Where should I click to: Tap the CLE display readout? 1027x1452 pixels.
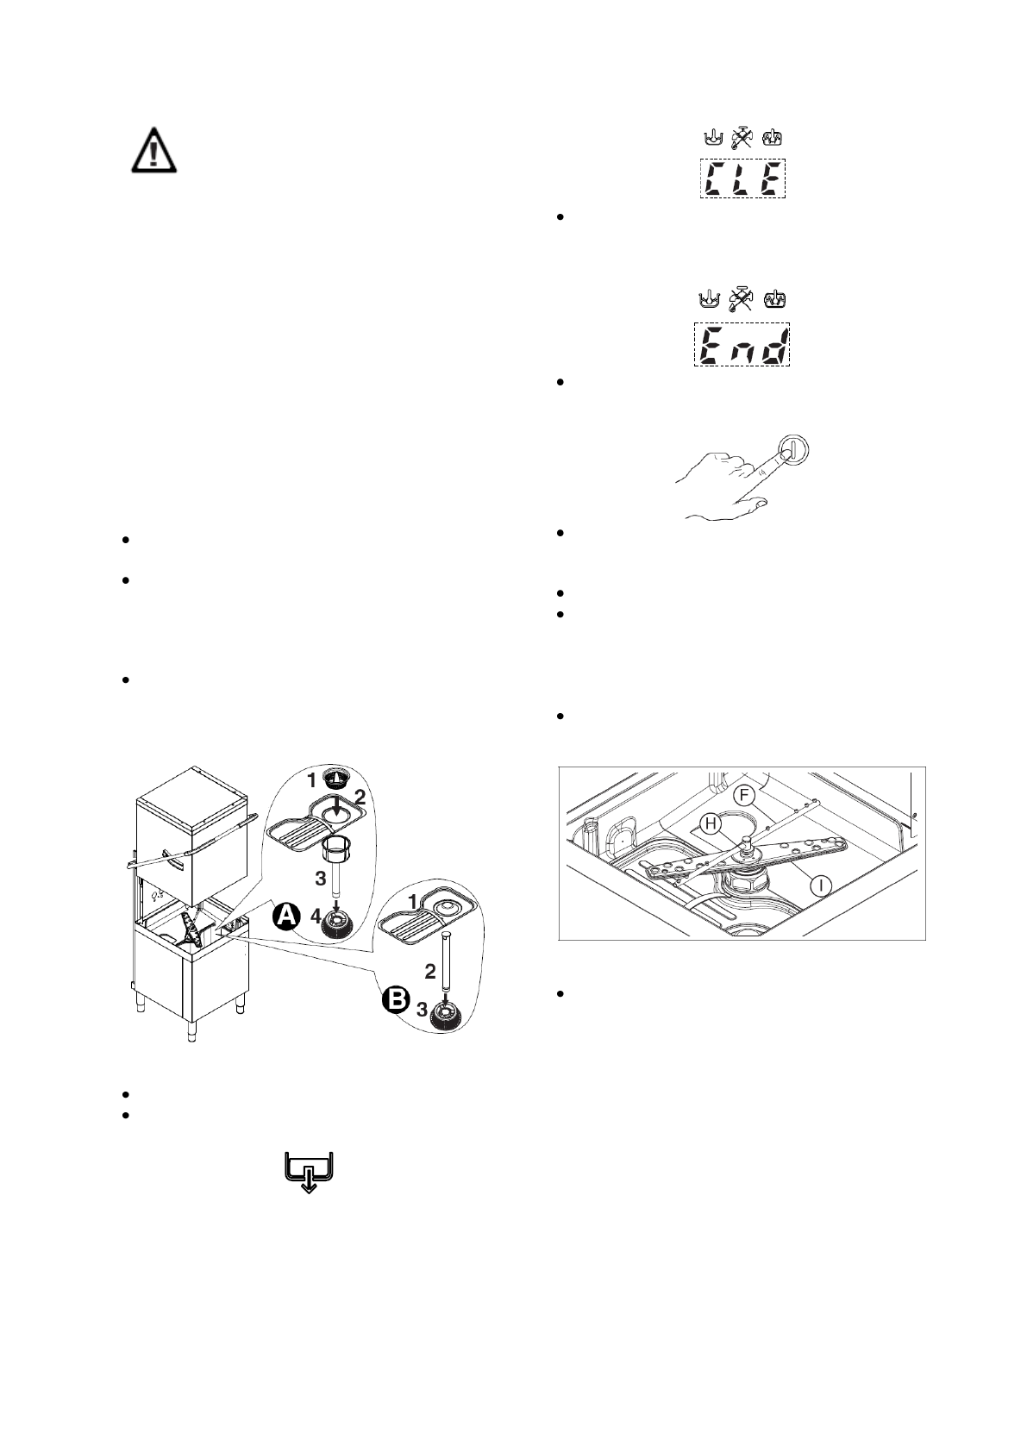742,179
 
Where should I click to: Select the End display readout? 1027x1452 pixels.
742,345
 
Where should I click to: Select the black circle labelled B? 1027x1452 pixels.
396,1002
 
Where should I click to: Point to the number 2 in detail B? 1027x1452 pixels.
429,973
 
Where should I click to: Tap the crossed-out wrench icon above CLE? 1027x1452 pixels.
742,137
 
